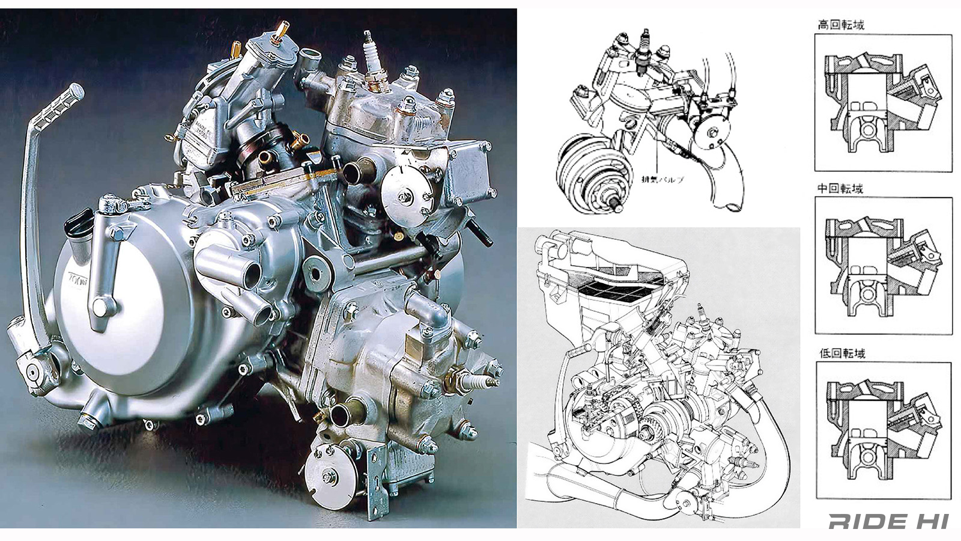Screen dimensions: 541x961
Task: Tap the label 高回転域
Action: coord(841,25)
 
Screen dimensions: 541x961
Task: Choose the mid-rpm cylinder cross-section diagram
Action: coord(883,266)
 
